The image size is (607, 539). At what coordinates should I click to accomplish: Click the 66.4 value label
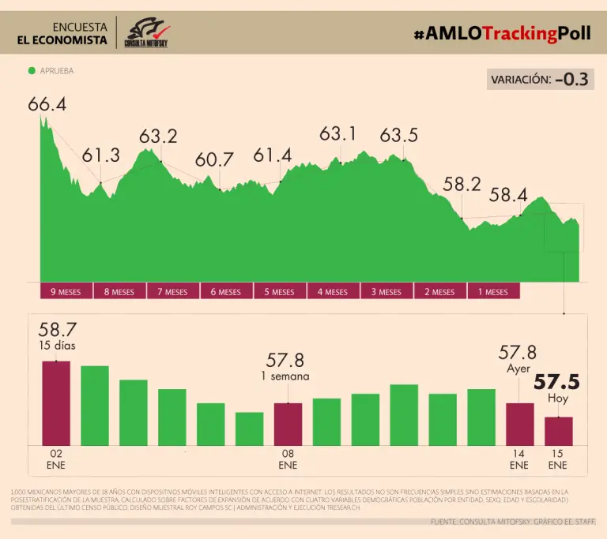click(47, 104)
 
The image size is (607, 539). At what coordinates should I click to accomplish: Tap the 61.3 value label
click(101, 155)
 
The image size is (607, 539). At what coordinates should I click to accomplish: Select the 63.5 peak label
click(399, 135)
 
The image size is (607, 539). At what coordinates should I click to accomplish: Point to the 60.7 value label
click(214, 159)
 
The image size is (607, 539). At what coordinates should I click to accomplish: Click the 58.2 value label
click(462, 185)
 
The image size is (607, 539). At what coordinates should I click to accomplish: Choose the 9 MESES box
click(66, 291)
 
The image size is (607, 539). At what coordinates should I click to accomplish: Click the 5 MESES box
click(280, 291)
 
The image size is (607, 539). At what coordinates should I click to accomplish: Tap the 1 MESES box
click(493, 291)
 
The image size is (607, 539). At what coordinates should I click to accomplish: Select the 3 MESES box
click(386, 291)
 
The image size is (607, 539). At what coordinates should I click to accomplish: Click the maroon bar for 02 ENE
click(56, 403)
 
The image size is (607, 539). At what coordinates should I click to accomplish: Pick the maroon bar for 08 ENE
click(288, 424)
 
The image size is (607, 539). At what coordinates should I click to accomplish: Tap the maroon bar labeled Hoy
click(558, 431)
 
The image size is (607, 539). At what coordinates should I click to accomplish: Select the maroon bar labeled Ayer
click(519, 424)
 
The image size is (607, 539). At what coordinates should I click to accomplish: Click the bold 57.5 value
click(556, 383)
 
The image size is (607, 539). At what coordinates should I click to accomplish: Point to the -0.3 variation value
click(571, 80)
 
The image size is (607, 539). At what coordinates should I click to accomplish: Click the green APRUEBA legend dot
click(32, 70)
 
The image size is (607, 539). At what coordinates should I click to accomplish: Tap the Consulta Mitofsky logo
click(147, 32)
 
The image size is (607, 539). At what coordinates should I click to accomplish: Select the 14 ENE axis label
click(518, 460)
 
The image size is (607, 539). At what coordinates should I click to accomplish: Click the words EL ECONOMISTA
click(62, 40)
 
